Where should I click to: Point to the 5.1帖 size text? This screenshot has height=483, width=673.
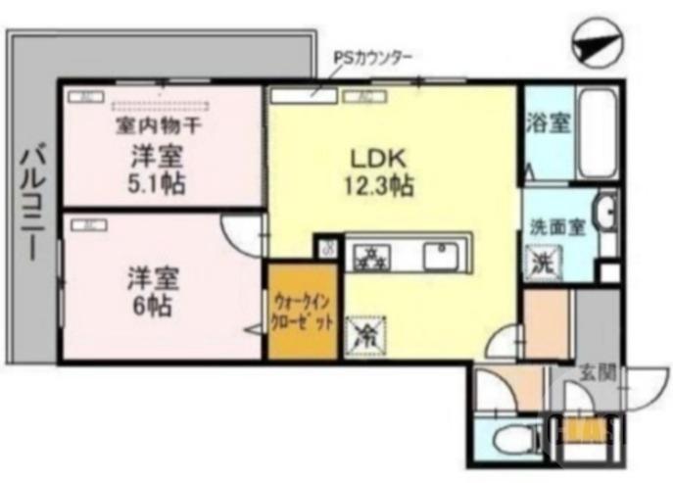coord(157,183)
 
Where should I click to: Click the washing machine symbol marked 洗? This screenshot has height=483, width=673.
coord(541,262)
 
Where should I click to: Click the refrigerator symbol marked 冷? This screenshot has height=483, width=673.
coord(365,333)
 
